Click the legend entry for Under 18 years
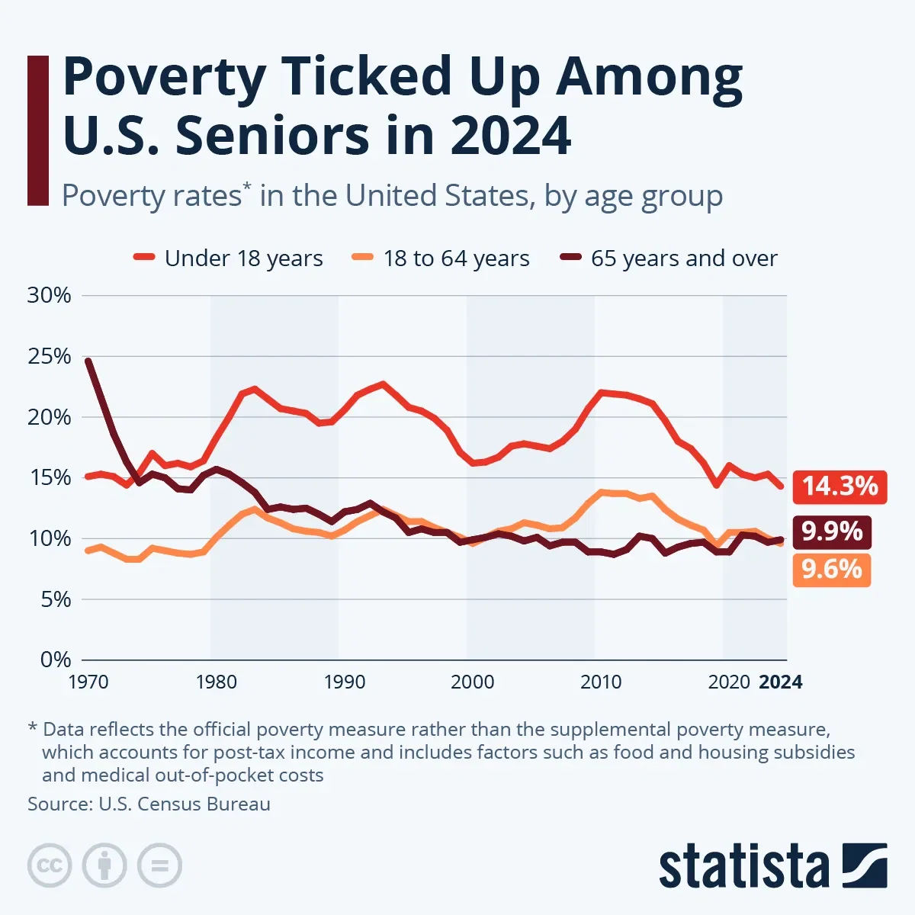(229, 258)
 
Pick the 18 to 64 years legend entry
(442, 258)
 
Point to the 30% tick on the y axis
(50, 296)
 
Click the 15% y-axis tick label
(50, 478)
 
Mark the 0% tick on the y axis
(55, 660)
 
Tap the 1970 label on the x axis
(88, 682)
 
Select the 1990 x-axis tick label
(344, 682)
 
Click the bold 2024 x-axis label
(781, 682)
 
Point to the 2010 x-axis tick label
(601, 682)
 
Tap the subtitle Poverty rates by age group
(392, 196)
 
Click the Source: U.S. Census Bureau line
(149, 804)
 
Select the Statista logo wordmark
(743, 867)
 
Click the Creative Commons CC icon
(50, 865)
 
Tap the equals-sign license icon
(160, 865)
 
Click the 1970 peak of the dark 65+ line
(88, 361)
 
